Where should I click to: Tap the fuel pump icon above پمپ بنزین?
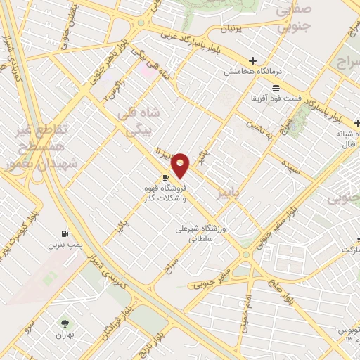65,233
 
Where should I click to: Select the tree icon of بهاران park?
65,323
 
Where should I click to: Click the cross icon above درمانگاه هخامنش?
253,61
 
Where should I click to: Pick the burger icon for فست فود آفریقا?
275,88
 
